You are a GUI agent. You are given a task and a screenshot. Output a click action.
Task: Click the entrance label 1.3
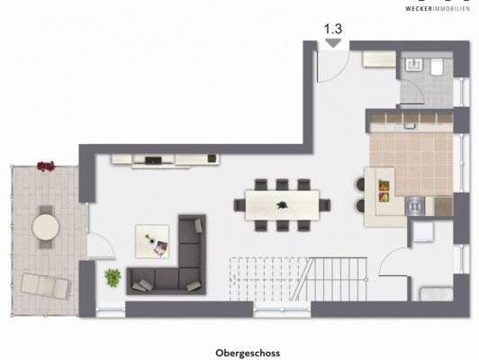332,29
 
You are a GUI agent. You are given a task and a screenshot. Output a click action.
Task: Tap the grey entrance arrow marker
333,42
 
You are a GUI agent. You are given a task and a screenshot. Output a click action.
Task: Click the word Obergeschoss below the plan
248,354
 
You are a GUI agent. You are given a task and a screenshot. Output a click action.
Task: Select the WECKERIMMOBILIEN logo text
438,8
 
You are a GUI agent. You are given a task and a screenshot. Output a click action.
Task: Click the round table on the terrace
46,227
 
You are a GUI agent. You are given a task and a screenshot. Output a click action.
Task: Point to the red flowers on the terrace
46,166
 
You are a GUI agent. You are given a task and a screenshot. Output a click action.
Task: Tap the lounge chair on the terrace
46,286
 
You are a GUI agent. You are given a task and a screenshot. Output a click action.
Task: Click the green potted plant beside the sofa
113,277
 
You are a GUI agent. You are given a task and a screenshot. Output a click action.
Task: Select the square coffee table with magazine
152,241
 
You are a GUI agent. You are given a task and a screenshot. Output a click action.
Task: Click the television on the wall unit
153,160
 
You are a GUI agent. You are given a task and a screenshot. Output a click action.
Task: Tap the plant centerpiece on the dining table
282,205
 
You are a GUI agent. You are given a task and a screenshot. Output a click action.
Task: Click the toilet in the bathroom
437,67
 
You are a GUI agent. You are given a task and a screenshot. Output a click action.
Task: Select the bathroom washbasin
414,65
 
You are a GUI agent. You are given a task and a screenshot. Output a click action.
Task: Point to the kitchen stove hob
414,206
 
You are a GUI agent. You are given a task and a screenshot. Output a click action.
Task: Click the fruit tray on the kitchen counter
384,191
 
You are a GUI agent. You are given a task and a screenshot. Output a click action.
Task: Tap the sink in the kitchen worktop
410,126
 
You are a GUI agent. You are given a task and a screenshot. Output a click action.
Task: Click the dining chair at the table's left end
239,205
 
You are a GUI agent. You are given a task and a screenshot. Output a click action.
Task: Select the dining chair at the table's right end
325,205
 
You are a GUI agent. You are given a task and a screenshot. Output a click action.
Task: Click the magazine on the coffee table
160,248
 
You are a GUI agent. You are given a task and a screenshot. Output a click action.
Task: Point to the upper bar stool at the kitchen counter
361,184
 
